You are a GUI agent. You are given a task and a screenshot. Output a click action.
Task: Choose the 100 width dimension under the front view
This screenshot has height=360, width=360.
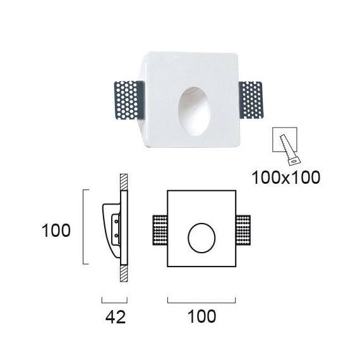tap(201, 316)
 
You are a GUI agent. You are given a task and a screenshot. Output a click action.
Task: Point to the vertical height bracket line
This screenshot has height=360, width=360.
tap(85, 226)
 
